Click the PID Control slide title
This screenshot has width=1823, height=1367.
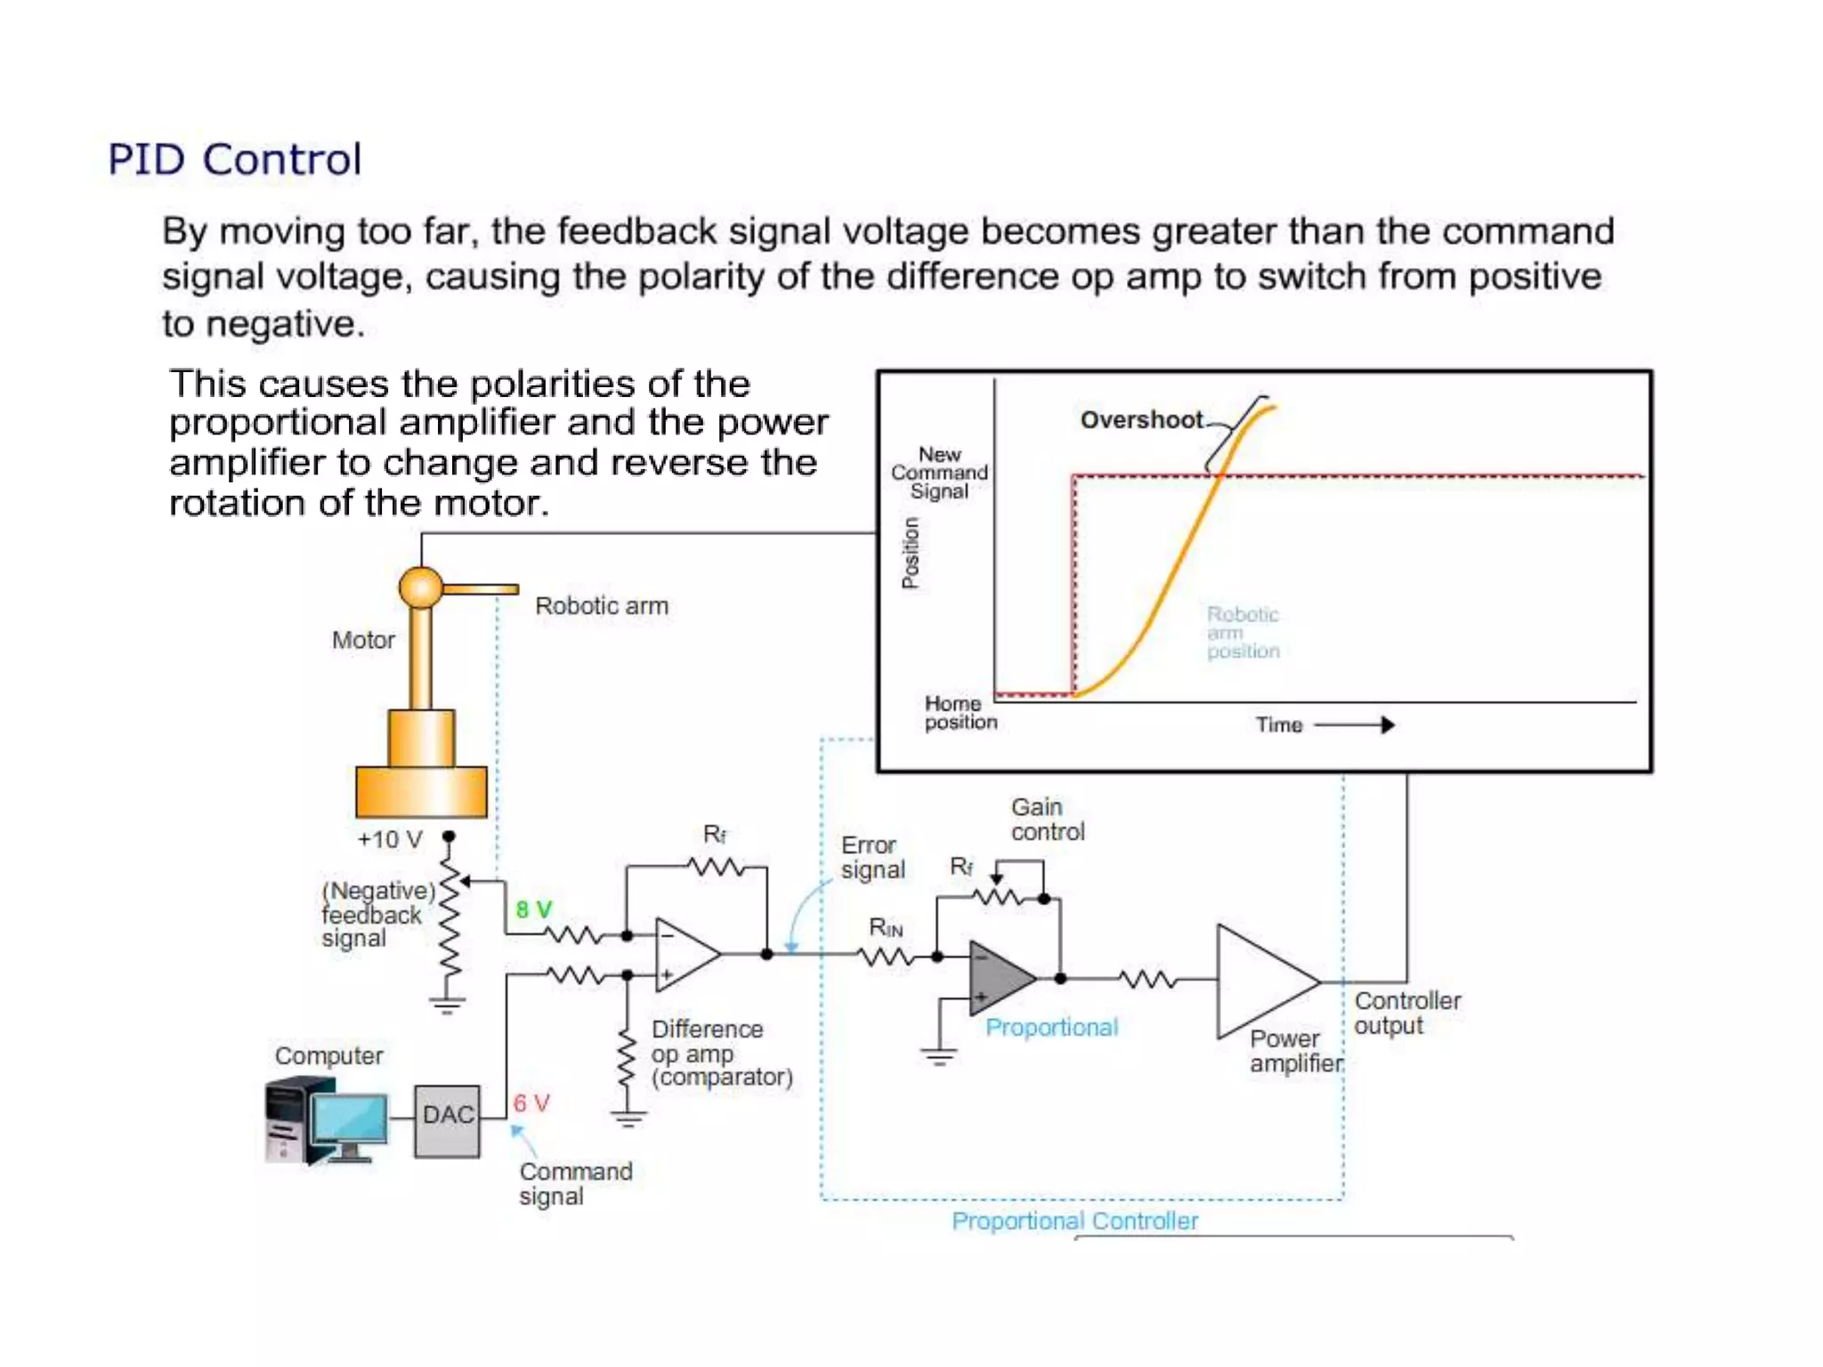point(235,160)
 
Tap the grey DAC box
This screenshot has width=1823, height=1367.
point(447,1120)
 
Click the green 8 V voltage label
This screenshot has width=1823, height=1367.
point(533,910)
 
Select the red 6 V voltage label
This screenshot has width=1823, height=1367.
point(531,1104)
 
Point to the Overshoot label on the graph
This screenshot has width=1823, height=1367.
point(1141,420)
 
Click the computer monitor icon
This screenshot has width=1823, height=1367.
point(350,1122)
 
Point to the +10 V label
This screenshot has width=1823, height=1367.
point(390,840)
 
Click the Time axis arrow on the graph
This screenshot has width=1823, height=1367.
point(1355,725)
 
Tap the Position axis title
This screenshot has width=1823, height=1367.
point(910,553)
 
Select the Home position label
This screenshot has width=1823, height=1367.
point(960,713)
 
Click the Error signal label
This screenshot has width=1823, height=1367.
point(872,857)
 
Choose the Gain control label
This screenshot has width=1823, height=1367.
point(1047,820)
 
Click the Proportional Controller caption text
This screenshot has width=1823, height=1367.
point(1074,1221)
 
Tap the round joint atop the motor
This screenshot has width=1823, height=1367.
point(420,587)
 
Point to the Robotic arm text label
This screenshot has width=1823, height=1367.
point(601,606)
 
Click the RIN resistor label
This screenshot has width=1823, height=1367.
point(886,928)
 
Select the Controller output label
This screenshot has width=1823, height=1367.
point(1406,1013)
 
